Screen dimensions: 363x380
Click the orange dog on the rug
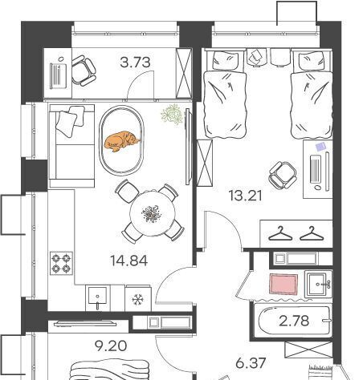121,141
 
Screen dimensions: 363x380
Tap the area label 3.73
135,63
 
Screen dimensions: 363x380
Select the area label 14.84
128,261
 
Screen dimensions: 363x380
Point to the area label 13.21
246,196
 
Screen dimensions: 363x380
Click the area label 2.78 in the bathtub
294,321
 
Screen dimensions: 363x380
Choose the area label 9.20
111,346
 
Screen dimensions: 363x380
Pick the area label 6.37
251,363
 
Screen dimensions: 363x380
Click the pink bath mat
283,284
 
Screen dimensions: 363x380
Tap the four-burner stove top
61,263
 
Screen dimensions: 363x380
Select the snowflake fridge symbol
138,300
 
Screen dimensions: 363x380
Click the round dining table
153,213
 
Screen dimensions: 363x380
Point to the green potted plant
173,114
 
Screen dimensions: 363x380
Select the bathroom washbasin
318,285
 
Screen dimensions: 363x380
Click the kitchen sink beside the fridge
97,297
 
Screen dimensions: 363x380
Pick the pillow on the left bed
225,61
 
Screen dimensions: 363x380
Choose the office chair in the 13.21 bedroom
283,175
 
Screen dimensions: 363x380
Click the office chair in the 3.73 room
84,71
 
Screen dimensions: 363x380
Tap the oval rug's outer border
100,141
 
